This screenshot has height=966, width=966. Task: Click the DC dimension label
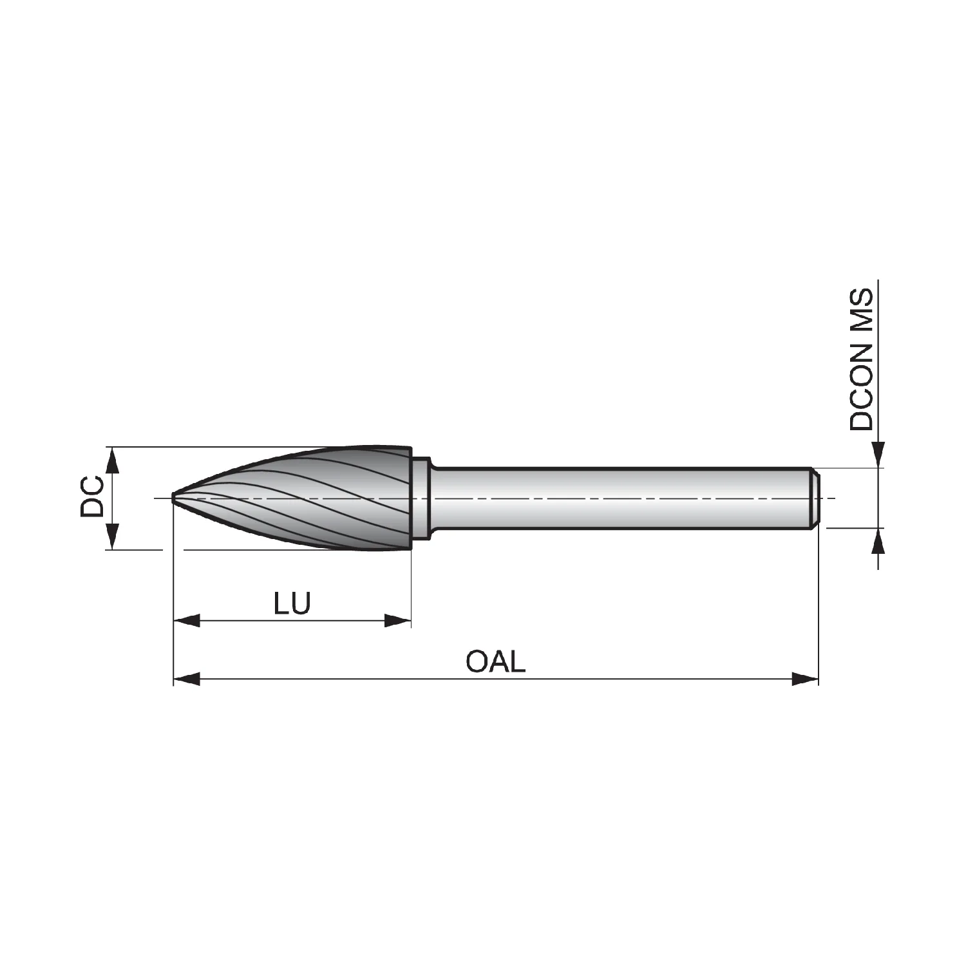tap(92, 496)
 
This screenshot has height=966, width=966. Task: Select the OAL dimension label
tap(496, 661)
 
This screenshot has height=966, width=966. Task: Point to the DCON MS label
tap(861, 359)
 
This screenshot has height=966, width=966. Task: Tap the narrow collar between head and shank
tap(421, 498)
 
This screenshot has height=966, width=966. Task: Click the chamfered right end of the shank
tap(815, 498)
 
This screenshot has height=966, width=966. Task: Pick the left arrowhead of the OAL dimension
tap(187, 678)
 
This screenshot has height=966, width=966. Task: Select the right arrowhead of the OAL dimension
tap(805, 678)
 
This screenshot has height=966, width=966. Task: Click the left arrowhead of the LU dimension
tap(187, 621)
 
